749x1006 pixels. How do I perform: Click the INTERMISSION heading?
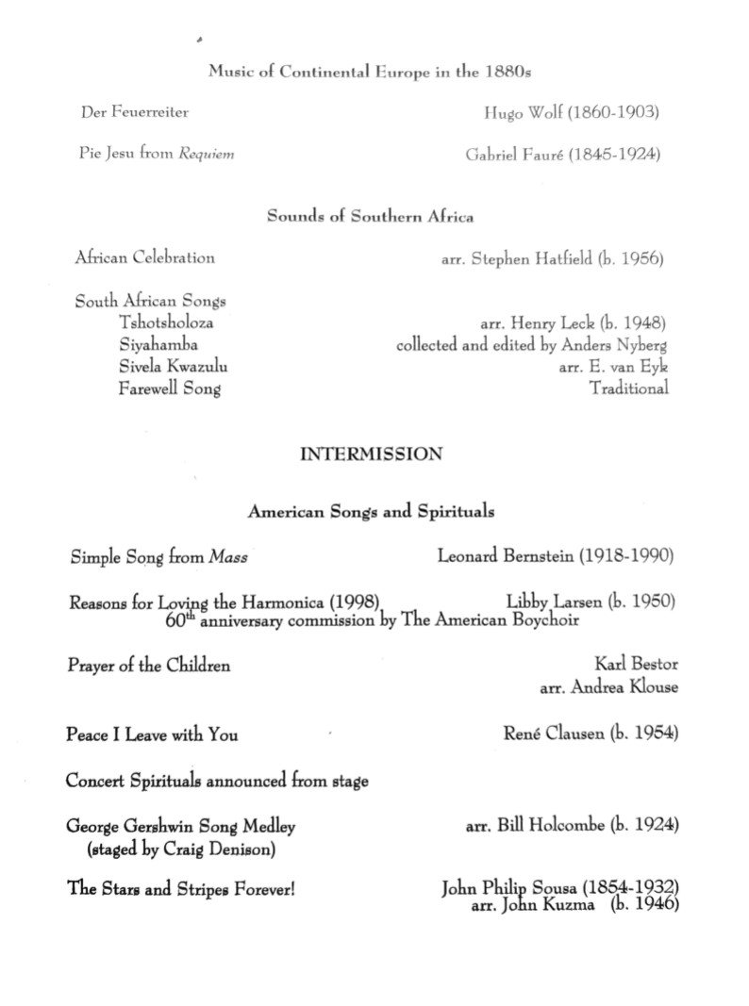coord(371,454)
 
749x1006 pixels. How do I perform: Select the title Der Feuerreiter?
coord(134,112)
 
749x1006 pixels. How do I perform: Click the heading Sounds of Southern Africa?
coord(370,216)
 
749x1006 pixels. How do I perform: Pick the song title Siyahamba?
coord(158,344)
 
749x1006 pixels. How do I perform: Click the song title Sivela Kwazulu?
coord(173,366)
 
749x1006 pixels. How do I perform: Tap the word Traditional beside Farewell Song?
coord(629,388)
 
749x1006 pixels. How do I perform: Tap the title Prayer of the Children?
coord(148,666)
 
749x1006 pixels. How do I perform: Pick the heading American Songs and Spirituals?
coord(371,512)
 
